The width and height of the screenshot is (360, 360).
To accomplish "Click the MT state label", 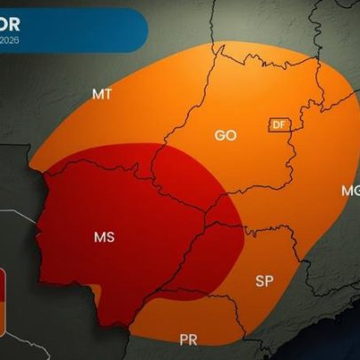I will pyautogui.click(x=101, y=94).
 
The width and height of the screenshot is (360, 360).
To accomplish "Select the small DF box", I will pyautogui.click(x=279, y=125).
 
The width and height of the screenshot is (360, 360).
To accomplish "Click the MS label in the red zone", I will pyautogui.click(x=104, y=238).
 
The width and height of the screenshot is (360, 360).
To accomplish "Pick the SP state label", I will pyautogui.click(x=264, y=281).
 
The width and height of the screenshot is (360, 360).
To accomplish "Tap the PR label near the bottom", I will pyautogui.click(x=188, y=340).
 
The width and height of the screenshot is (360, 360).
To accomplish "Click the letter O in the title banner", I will pyautogui.click(x=8, y=20).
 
